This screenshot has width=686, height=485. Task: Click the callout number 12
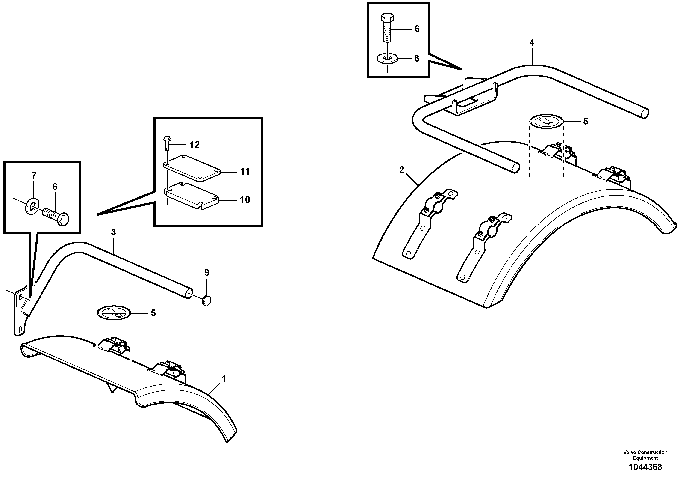click(194, 145)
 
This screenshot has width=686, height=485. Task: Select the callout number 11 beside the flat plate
click(245, 172)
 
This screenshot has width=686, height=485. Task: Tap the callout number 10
click(245, 200)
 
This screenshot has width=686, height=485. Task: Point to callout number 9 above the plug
click(207, 272)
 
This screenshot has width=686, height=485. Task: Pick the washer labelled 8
click(388, 59)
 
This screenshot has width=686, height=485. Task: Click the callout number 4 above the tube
click(532, 43)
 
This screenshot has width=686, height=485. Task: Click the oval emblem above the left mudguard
click(114, 313)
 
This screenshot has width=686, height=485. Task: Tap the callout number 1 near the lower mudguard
click(224, 379)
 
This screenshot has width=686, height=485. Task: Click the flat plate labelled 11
click(191, 167)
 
